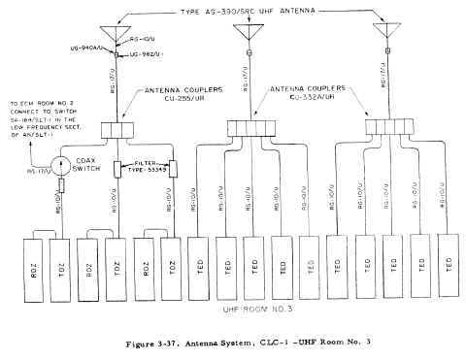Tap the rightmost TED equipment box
449,261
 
